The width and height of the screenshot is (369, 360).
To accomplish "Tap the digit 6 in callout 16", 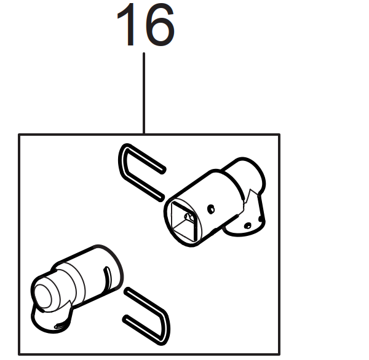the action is coord(159,25).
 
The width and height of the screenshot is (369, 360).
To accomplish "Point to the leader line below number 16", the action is coord(144,93).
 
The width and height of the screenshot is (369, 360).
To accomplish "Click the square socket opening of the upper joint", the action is coord(183,222).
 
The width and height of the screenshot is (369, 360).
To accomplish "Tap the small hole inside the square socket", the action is coord(188,216).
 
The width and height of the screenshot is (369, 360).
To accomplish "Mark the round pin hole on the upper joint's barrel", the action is coord(211,209).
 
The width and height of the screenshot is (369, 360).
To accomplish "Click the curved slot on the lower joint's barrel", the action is coord(107,280).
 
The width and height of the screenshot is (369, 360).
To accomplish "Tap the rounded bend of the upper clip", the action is coord(123,160).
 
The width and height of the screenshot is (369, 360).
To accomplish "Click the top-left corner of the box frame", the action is coord(19,135).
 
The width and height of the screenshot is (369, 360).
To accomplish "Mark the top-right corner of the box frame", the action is coord(279,135).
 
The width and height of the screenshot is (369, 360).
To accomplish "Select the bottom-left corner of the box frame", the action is coord(19,354).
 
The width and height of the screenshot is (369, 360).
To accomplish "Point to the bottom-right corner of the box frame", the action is coord(279,354).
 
